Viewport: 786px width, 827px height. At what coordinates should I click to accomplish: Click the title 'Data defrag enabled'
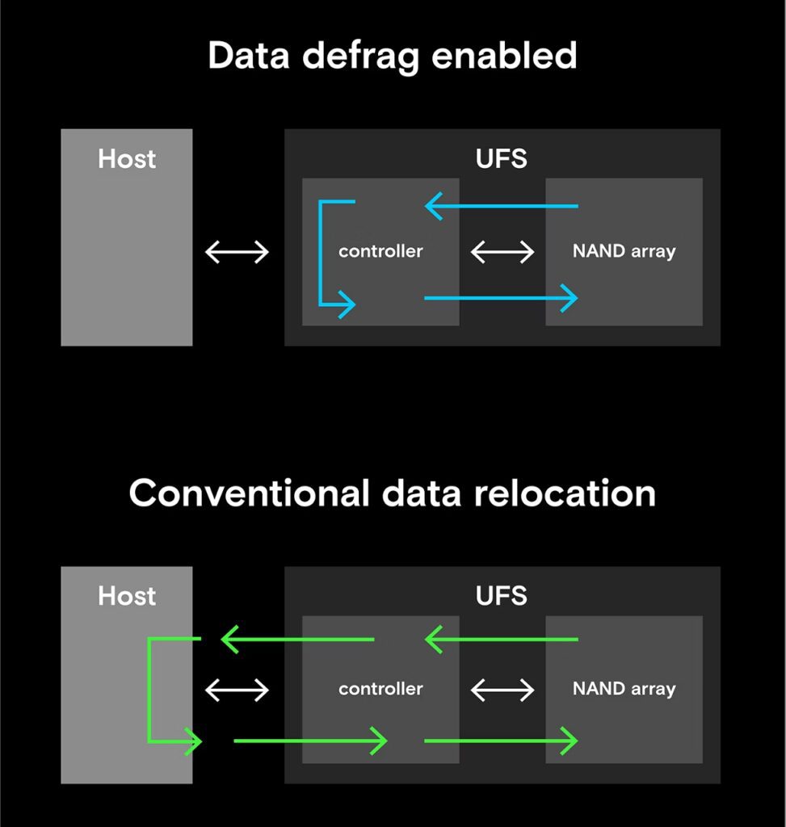[393, 57]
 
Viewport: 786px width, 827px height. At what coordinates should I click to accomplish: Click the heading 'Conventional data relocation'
[393, 493]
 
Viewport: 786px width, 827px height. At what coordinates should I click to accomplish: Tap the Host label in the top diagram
[127, 158]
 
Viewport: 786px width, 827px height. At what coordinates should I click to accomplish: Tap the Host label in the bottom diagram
[127, 596]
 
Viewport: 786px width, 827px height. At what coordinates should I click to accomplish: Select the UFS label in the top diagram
[501, 158]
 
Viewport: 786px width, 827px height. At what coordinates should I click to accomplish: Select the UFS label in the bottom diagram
[501, 596]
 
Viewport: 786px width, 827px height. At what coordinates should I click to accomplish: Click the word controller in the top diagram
[380, 251]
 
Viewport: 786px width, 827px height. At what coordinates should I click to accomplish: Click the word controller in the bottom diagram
[380, 689]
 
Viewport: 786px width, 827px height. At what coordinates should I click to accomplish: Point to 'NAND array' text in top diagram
[624, 251]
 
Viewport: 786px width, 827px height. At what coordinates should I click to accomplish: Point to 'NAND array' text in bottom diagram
[624, 689]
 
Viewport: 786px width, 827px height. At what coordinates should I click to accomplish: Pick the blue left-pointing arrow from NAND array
[501, 207]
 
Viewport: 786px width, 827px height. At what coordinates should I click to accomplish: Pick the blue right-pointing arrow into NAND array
[501, 299]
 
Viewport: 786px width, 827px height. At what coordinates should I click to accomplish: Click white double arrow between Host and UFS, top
[237, 252]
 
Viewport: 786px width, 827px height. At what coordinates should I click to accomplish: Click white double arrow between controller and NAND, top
[502, 252]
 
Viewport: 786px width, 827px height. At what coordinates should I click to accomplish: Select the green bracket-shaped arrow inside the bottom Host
[150, 691]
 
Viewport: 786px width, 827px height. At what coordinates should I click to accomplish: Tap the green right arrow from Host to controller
[310, 741]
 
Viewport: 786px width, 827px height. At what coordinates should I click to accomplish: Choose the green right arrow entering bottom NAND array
[501, 741]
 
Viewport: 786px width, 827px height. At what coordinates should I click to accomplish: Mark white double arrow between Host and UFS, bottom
[237, 690]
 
